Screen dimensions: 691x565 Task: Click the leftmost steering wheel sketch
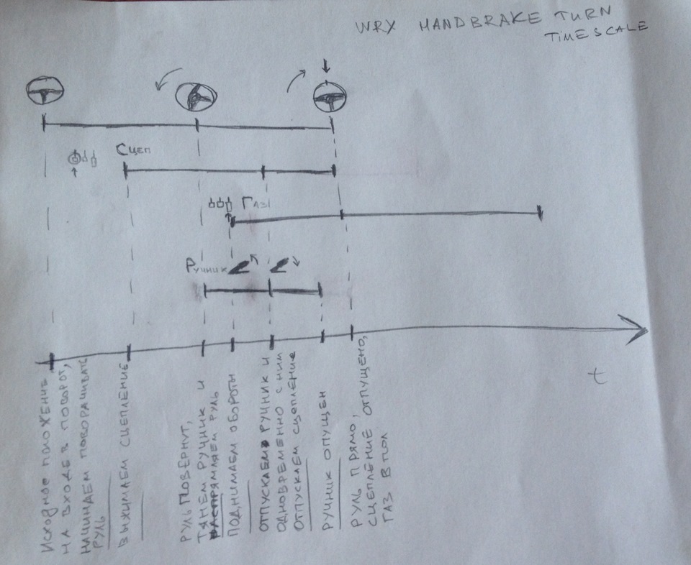click(x=45, y=91)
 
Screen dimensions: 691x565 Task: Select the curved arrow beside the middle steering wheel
click(x=170, y=79)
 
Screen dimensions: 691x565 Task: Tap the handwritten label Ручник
click(x=206, y=268)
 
